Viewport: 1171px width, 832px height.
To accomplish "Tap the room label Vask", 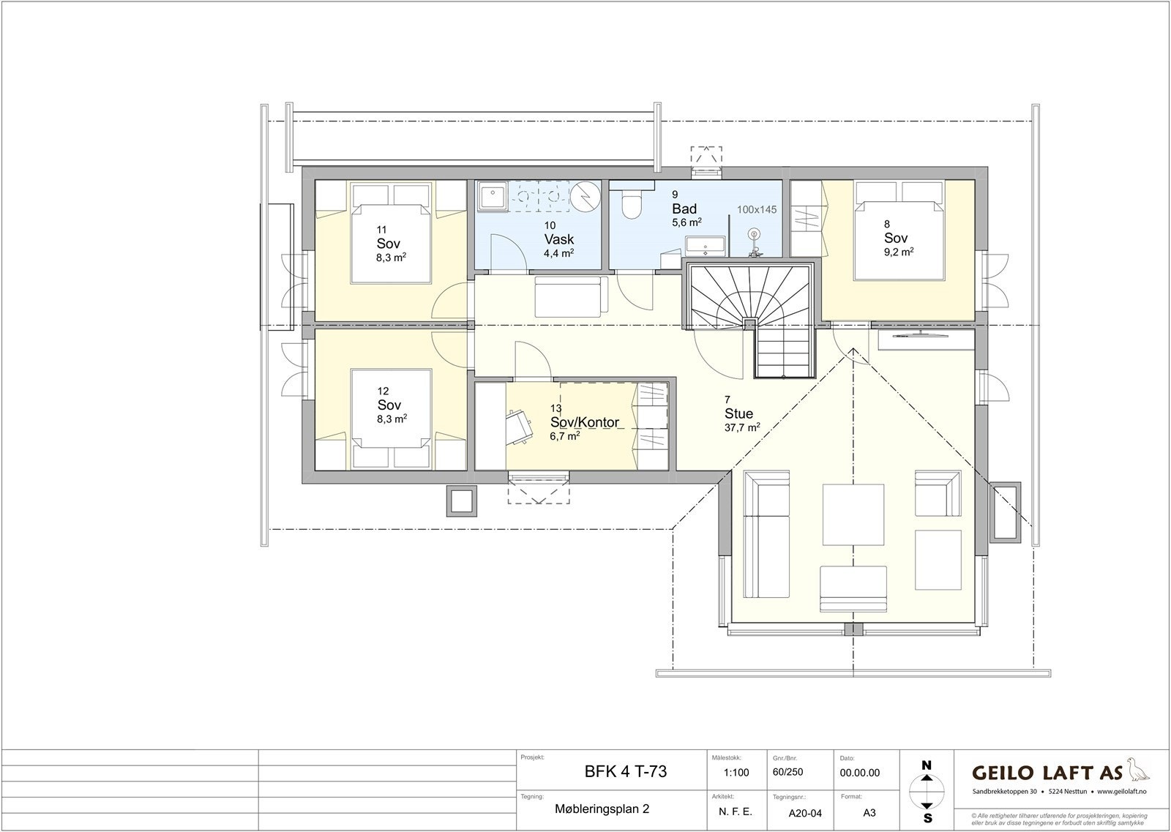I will pyautogui.click(x=558, y=239).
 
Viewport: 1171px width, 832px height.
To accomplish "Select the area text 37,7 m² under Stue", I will pyautogui.click(x=741, y=427).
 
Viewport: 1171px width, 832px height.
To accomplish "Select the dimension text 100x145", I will pyautogui.click(x=757, y=209).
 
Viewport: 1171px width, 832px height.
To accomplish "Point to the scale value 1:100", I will pyautogui.click(x=736, y=772).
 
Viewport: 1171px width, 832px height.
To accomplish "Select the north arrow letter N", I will pyautogui.click(x=927, y=765).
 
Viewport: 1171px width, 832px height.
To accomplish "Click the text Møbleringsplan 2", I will pyautogui.click(x=602, y=809).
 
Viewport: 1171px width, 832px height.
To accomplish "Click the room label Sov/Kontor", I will pyautogui.click(x=585, y=422).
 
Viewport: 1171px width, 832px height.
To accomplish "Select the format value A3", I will pyautogui.click(x=869, y=812).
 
